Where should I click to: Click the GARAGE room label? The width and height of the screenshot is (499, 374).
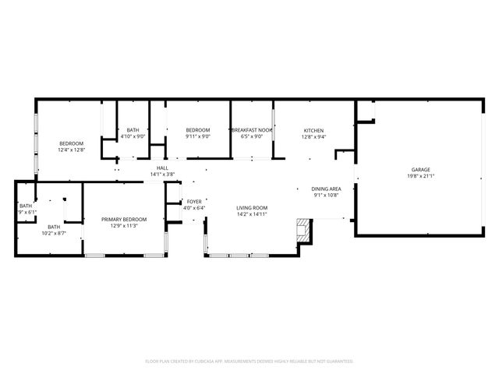(x=421, y=169)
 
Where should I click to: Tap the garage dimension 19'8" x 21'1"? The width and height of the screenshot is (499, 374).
(x=421, y=175)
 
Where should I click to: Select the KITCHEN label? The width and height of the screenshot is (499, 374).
(x=313, y=130)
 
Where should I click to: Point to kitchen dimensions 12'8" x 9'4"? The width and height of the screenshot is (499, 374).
(x=313, y=136)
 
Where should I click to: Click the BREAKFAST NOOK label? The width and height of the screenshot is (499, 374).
(x=252, y=130)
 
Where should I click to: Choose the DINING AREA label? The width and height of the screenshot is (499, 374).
(x=326, y=189)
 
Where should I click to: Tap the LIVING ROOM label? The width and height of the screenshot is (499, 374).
(x=252, y=207)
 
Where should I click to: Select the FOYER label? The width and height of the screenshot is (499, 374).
(x=194, y=201)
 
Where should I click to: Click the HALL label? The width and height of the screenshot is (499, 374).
(x=162, y=168)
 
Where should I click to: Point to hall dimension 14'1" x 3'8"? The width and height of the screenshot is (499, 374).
(x=162, y=174)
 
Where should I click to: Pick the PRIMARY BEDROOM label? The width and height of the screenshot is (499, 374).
(x=125, y=220)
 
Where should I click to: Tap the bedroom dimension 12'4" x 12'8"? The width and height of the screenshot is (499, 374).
(x=72, y=150)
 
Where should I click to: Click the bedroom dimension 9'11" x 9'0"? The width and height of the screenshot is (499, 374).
(x=197, y=136)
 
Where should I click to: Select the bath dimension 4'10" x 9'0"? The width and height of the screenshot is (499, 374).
(x=133, y=136)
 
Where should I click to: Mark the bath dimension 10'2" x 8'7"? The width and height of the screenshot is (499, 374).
(x=54, y=233)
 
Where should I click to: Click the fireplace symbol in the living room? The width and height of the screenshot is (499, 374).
(x=303, y=229)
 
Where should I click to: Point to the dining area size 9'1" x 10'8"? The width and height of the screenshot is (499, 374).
(x=326, y=195)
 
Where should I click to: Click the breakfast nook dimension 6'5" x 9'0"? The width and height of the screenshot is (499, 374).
(x=252, y=136)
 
